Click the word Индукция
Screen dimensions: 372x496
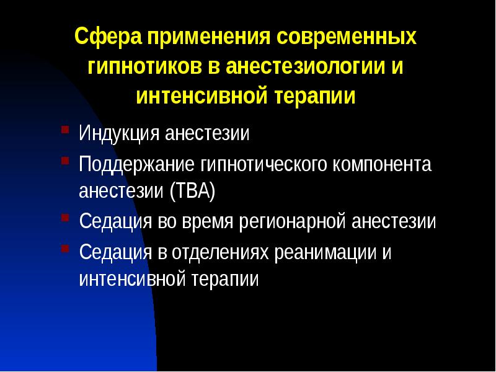[119, 134]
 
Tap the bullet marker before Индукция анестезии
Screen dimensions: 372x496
[65, 131]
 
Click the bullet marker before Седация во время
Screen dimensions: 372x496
[65, 219]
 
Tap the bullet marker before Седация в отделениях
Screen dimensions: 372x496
[65, 249]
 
